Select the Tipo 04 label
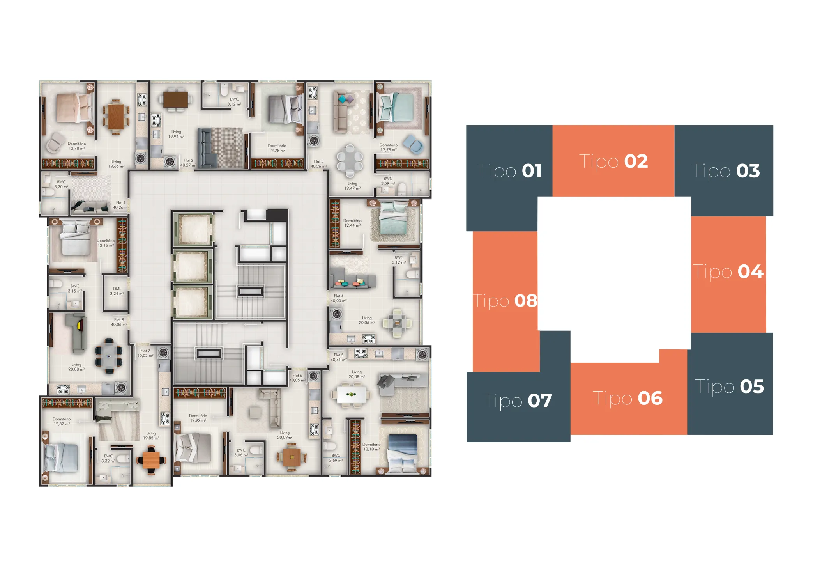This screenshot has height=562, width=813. (728, 271)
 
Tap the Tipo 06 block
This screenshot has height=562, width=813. (627, 398)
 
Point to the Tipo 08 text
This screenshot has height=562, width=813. (505, 301)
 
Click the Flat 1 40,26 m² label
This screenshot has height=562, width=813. (120, 205)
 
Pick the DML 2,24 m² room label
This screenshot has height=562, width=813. (117, 291)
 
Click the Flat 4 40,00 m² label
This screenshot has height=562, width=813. (338, 298)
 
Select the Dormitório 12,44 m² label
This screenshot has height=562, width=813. (352, 223)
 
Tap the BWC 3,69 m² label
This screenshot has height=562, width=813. (336, 458)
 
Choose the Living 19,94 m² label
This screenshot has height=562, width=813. (176, 134)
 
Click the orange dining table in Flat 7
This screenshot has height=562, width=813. (151, 460)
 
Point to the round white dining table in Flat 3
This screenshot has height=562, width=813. (350, 158)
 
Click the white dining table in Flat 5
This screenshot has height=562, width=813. (351, 395)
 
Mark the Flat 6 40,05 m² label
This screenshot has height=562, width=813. (297, 378)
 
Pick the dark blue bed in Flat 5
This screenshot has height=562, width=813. (402, 451)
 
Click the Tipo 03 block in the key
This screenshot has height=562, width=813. (725, 171)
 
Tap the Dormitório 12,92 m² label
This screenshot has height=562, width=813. (198, 418)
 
